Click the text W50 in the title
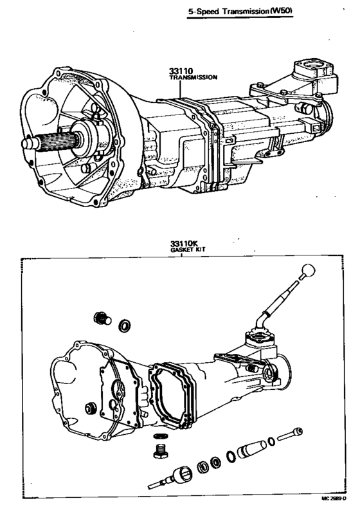coord(282,11)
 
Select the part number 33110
coord(181,71)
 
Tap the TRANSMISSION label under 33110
coord(194,78)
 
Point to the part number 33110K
coord(184,244)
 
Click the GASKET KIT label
coord(188,250)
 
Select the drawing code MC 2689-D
coord(334,508)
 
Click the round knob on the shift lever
coord(308,271)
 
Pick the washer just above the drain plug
coord(161,436)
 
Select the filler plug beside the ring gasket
coord(102,318)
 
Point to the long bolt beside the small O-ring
coord(290,434)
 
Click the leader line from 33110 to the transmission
coord(180,89)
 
